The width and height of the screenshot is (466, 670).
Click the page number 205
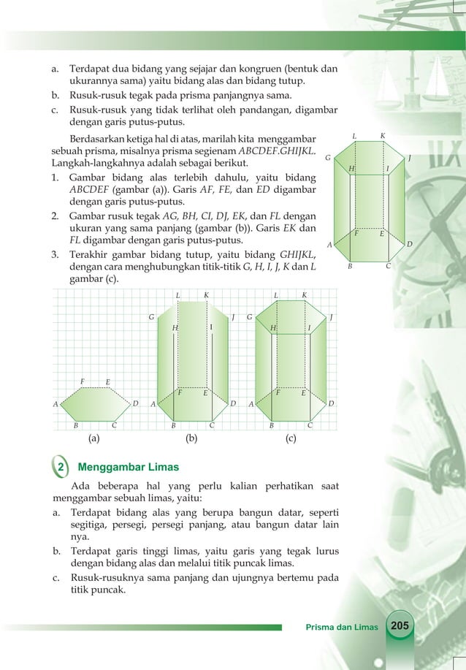tap(400, 626)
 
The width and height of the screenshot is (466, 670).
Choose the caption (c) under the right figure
tap(290, 440)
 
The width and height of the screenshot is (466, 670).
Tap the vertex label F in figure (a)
tap(83, 381)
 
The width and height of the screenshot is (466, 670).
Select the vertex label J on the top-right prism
tap(410, 157)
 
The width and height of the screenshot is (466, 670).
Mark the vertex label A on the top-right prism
tap(329, 245)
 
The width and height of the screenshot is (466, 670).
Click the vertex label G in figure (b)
tap(151, 318)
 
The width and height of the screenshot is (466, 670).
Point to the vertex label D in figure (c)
tap(331, 403)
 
